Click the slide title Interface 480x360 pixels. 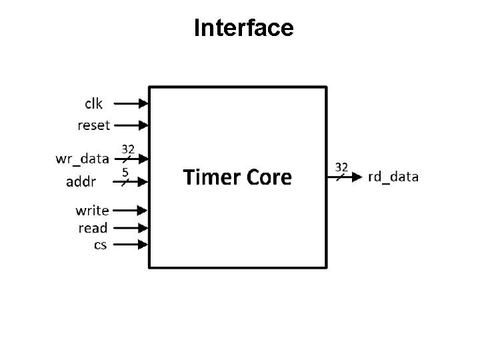(x=243, y=28)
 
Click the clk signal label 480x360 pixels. (x=93, y=103)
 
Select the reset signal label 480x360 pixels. (x=94, y=125)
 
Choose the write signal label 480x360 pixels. (x=92, y=211)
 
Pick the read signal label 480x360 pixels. (x=93, y=228)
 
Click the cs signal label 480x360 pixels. (x=100, y=245)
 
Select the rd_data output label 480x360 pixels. (x=393, y=177)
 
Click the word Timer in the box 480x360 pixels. (x=209, y=177)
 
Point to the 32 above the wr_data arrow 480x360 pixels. (x=128, y=148)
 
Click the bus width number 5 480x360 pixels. (x=125, y=171)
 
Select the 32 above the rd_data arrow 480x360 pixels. (x=341, y=165)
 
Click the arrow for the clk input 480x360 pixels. (x=131, y=103)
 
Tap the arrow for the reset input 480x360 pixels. (x=131, y=125)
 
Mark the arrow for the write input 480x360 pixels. (x=131, y=211)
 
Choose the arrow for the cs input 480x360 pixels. (x=131, y=245)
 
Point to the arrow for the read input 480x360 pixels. (x=131, y=228)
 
